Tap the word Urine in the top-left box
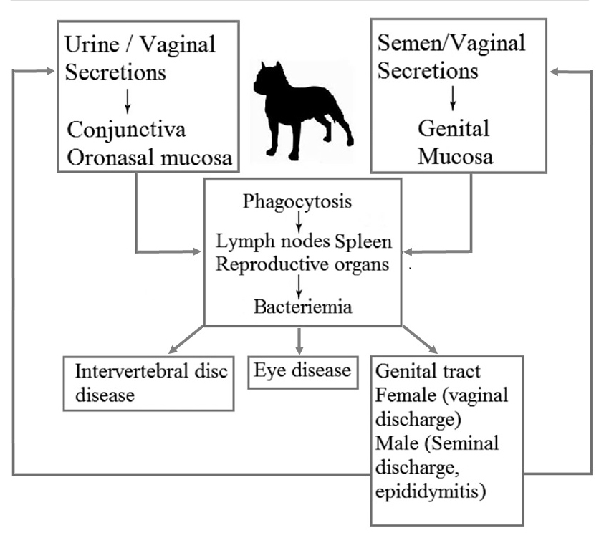click(90, 44)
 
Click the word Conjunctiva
click(127, 130)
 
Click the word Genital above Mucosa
click(454, 129)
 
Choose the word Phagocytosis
click(297, 201)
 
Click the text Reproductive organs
click(302, 263)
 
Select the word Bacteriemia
click(302, 308)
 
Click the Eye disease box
click(302, 370)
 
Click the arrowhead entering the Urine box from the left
click(49, 71)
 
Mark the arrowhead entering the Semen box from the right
click(557, 71)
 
